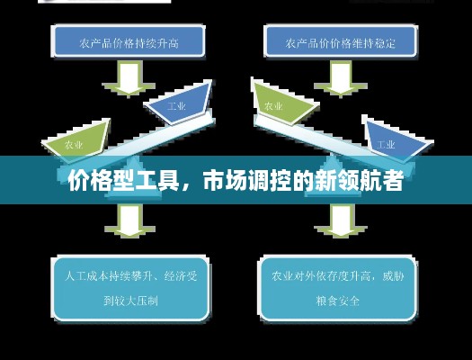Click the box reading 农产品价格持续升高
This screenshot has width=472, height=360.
click(x=129, y=41)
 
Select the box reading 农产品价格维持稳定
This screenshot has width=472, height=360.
click(x=341, y=41)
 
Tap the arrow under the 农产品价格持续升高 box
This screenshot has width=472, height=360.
click(x=129, y=79)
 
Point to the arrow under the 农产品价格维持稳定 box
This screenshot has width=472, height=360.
click(x=341, y=79)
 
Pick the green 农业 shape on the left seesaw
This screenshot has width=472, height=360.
click(x=77, y=141)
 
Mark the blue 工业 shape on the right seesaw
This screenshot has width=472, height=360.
click(x=396, y=139)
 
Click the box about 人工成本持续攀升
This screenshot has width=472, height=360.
click(x=130, y=288)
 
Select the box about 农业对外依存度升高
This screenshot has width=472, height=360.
click(x=338, y=288)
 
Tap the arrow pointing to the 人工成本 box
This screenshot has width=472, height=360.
click(x=129, y=220)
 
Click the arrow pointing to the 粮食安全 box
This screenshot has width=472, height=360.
click(x=341, y=220)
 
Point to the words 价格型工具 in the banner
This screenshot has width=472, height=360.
click(x=123, y=181)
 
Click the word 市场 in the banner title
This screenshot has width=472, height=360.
click(x=225, y=181)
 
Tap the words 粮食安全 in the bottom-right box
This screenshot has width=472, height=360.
click(x=338, y=301)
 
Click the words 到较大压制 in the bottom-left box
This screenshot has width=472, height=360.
click(x=130, y=301)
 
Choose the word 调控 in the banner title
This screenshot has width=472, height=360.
click(x=270, y=181)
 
